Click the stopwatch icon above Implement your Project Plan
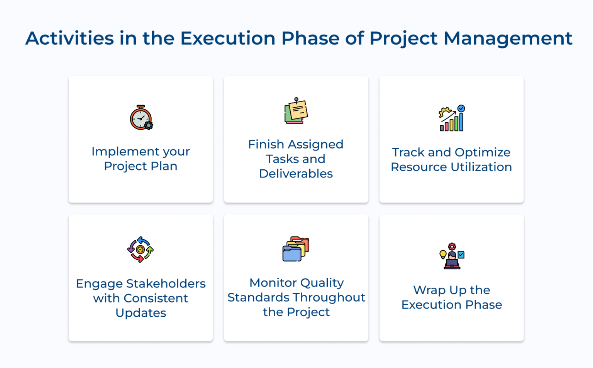pos(141,118)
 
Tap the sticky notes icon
pos(296,111)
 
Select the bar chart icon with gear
pos(451,118)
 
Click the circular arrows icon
pos(141,250)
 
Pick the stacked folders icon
pos(296,249)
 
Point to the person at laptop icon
pos(452,257)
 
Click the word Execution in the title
pos(228,38)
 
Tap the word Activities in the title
pos(69,38)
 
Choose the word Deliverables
pos(296,174)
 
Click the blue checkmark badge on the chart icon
pos(461,108)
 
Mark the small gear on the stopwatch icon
pos(149,125)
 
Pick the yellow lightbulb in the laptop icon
pos(443,254)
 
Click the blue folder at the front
pos(292,254)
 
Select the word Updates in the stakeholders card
pos(141,313)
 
